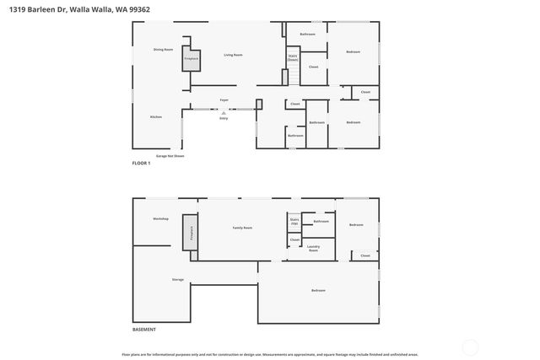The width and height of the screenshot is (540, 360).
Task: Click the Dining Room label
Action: (x=163, y=50)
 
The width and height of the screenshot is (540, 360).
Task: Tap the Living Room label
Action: (x=233, y=56)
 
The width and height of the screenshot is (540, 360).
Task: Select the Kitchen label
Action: (x=156, y=116)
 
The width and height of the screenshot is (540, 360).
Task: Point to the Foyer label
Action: (x=224, y=100)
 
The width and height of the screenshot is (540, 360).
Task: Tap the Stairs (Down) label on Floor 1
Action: (x=293, y=58)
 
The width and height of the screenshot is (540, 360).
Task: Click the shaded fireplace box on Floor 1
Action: (x=192, y=58)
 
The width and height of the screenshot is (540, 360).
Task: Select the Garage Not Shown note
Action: (x=170, y=156)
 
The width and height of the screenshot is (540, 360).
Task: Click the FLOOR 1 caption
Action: (x=141, y=163)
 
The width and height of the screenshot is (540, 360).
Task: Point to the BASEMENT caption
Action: (x=143, y=329)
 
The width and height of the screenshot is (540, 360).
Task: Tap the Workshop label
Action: (x=160, y=219)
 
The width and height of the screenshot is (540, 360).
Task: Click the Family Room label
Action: (x=243, y=228)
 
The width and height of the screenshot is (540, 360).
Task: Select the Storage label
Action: (x=178, y=279)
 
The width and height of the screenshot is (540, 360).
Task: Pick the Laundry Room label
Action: (x=313, y=249)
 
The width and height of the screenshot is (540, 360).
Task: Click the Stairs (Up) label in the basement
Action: (x=294, y=222)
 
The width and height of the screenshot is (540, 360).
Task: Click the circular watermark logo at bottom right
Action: (x=470, y=347)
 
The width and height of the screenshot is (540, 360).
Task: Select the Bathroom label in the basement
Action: (x=321, y=222)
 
